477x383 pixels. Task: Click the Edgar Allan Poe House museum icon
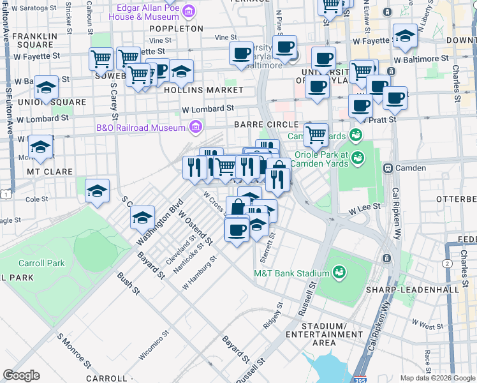click(x=189, y=11)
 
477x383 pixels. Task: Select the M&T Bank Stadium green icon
click(x=338, y=273)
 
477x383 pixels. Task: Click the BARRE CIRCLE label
click(x=266, y=124)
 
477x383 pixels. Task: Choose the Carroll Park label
click(x=41, y=263)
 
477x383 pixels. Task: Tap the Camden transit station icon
click(x=387, y=168)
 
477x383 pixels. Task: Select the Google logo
click(x=21, y=375)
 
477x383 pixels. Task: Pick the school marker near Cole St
click(x=97, y=191)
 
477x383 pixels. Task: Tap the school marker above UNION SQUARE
click(x=47, y=88)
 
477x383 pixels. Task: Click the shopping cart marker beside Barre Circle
click(x=316, y=135)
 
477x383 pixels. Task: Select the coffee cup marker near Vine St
click(x=242, y=54)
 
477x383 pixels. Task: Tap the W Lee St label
click(x=364, y=207)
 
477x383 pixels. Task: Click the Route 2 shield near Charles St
click(x=448, y=263)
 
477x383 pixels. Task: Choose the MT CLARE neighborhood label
click(x=47, y=172)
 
